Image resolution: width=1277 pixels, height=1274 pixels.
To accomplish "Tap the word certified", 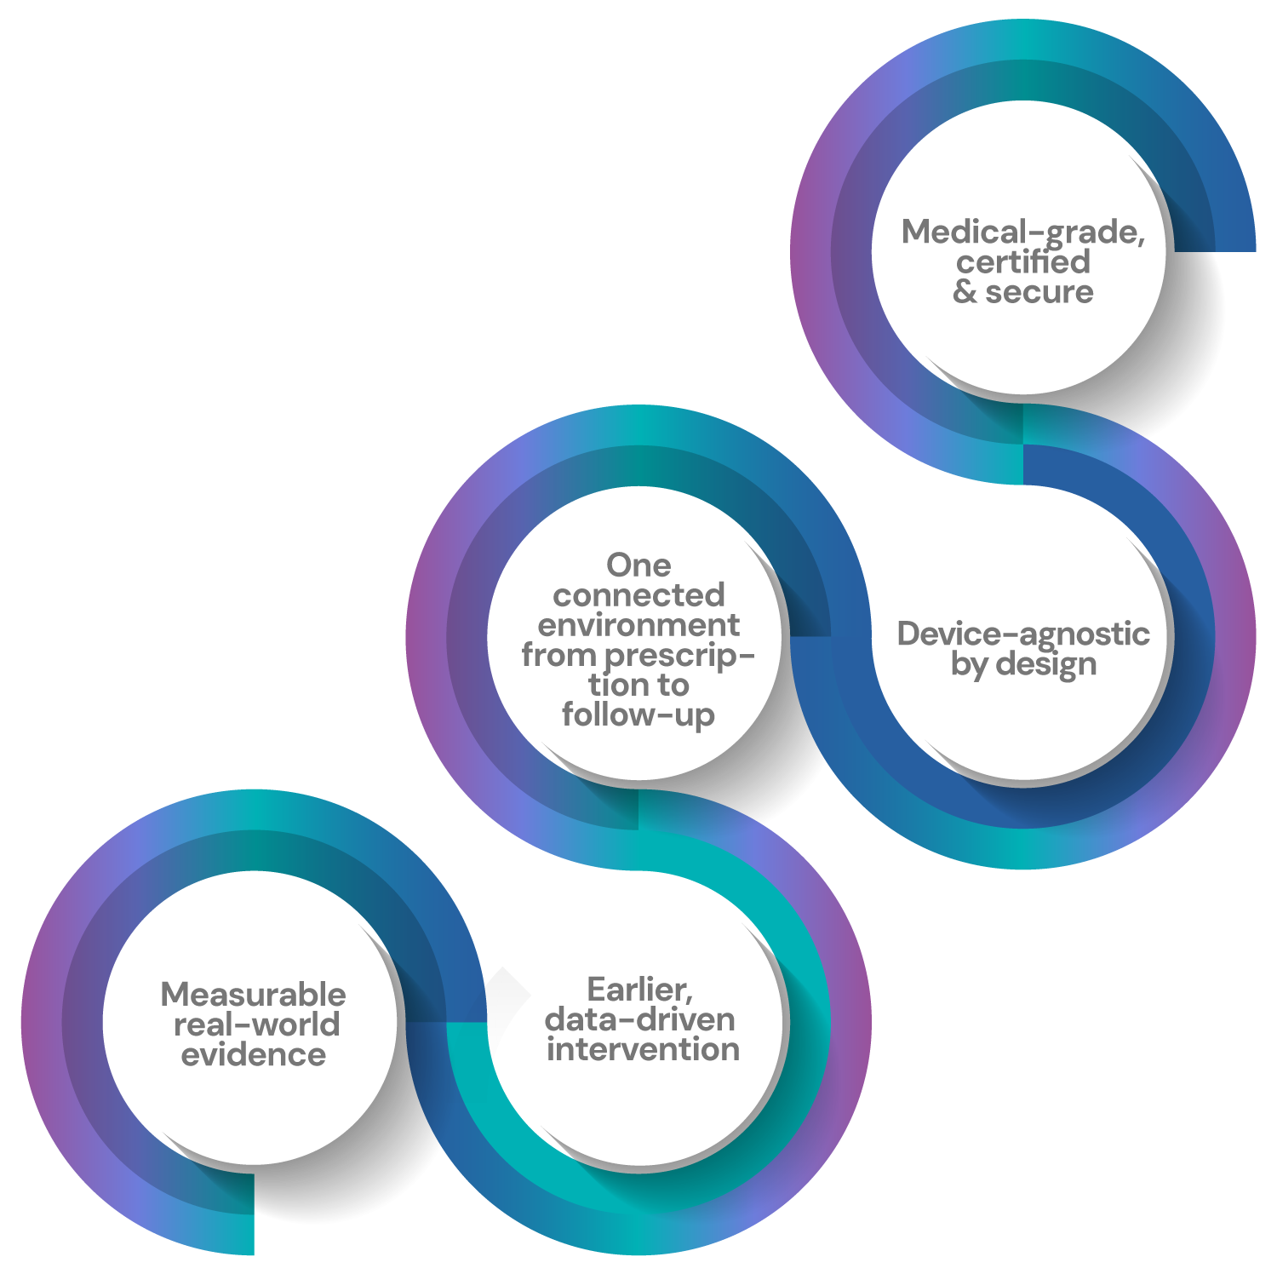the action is click(1022, 262).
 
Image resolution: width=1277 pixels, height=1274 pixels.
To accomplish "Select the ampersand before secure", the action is click(965, 292).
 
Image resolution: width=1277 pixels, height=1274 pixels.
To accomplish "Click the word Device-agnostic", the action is click(1023, 634).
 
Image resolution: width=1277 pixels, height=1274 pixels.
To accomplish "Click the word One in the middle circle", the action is click(638, 565).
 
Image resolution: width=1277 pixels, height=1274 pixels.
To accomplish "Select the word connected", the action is click(638, 594).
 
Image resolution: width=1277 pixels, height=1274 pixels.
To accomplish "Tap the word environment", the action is click(638, 625).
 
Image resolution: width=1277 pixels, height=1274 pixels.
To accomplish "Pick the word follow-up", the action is click(638, 715).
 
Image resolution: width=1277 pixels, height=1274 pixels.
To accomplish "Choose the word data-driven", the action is click(640, 1019).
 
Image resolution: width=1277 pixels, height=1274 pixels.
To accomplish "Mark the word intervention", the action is click(643, 1049).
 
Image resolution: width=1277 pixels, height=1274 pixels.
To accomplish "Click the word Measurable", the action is click(254, 995).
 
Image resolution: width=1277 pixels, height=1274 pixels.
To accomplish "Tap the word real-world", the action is click(257, 1024).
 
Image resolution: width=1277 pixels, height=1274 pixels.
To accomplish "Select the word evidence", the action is click(254, 1055).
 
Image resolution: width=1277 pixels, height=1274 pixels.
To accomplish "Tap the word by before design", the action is click(970, 665).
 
